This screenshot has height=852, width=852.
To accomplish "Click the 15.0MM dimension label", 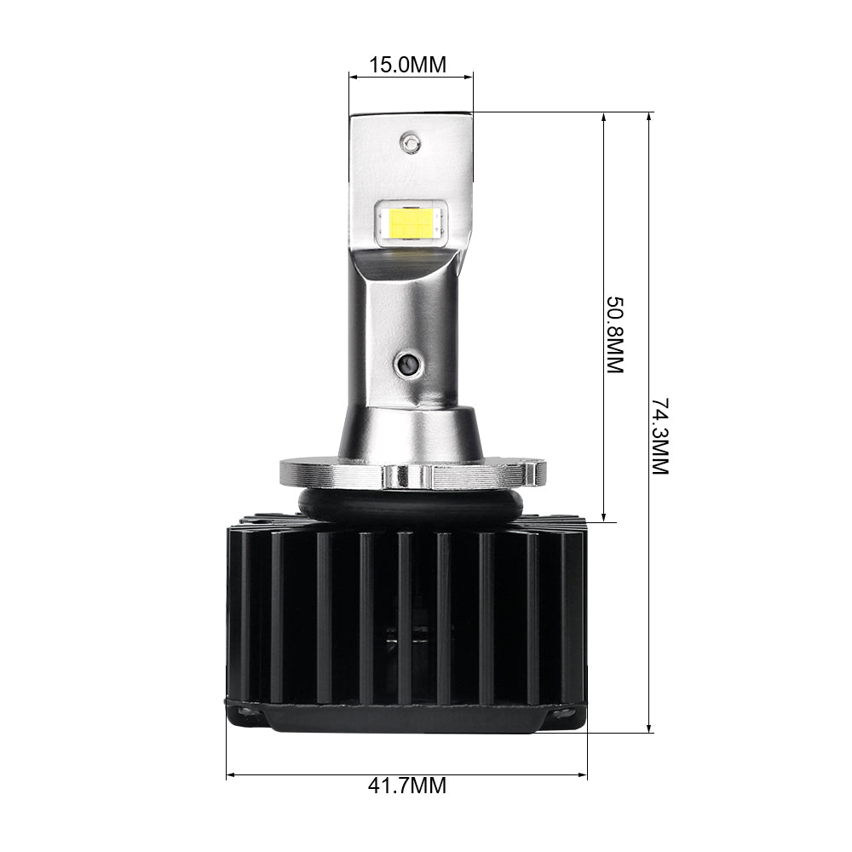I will coord(407,65).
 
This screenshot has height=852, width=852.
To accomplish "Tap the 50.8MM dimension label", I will coord(615,335).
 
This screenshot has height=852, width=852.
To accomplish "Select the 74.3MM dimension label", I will coord(662,435).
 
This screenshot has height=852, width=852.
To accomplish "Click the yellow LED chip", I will coord(411,222).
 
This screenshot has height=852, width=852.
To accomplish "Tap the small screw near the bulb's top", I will coord(412,142).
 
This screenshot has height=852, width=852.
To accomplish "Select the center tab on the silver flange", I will coord(404,475).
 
